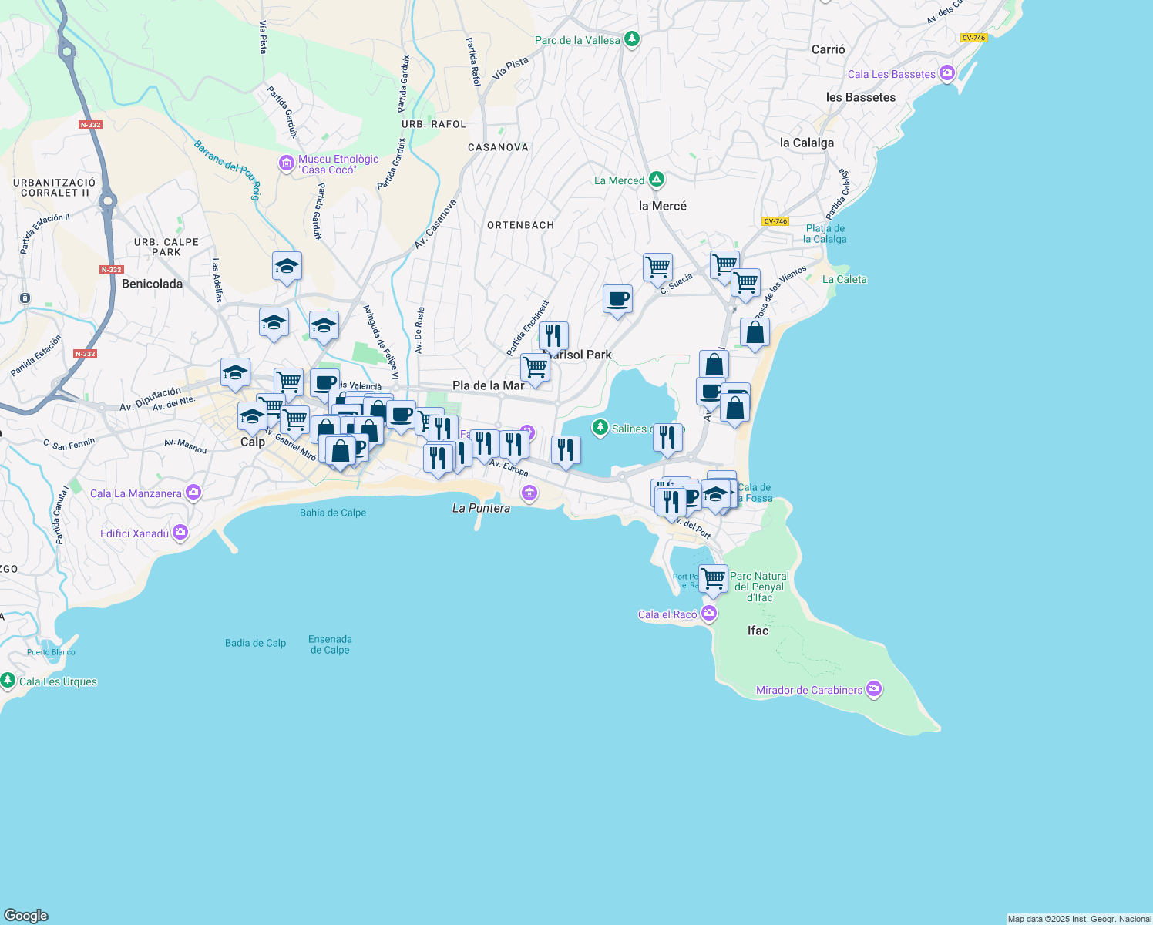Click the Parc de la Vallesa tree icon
coord(632,39)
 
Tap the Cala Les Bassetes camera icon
coord(947,74)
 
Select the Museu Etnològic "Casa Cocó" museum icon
coord(286,164)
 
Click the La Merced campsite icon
coord(657,180)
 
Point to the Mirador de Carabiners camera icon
coord(874,689)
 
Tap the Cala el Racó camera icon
coord(709,614)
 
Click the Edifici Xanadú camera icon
coord(180,533)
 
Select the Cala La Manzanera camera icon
coord(193,493)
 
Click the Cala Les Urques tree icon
coord(8,681)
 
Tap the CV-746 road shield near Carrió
coord(973,38)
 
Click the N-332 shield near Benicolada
coord(112,270)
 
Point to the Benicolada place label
coord(153,284)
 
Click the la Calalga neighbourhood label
coord(806,143)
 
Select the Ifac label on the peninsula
coord(758,631)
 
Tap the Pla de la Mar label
coord(488,385)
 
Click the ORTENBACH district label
coord(520,225)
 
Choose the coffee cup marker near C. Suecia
coord(617,299)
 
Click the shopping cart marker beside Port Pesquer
coord(714,578)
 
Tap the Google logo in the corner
coord(26,916)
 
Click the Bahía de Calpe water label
coord(333,513)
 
